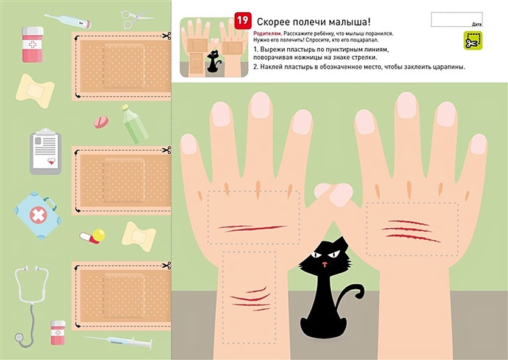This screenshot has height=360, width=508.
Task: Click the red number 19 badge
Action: [242, 20]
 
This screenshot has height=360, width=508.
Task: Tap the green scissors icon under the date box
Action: [472, 40]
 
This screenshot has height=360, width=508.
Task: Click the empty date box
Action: [456, 19]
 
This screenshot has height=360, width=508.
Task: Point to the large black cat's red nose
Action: [325, 264]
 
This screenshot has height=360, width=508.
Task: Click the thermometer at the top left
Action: [68, 21]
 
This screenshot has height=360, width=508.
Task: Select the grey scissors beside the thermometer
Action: [129, 18]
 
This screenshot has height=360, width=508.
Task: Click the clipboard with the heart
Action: [46, 151]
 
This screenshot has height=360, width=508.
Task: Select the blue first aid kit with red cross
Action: [38, 214]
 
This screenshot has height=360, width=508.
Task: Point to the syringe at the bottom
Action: [119, 342]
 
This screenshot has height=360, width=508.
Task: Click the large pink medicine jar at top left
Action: [32, 44]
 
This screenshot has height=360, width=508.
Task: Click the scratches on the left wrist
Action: [250, 298]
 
